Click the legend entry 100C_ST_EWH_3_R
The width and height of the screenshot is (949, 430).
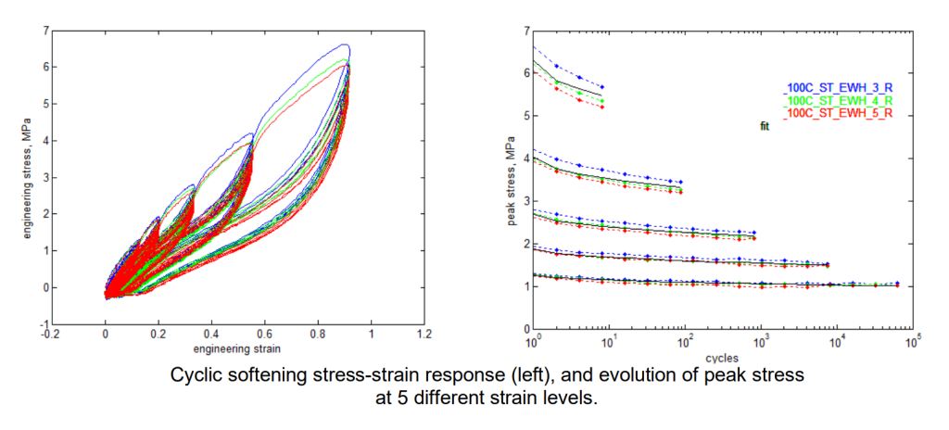point(840,87)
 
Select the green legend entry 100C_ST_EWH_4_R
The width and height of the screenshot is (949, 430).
point(840,99)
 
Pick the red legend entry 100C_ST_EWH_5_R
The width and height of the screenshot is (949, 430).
point(840,112)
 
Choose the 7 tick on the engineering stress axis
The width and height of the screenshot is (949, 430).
point(44,31)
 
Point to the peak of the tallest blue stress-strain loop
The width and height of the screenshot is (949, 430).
point(345,44)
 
